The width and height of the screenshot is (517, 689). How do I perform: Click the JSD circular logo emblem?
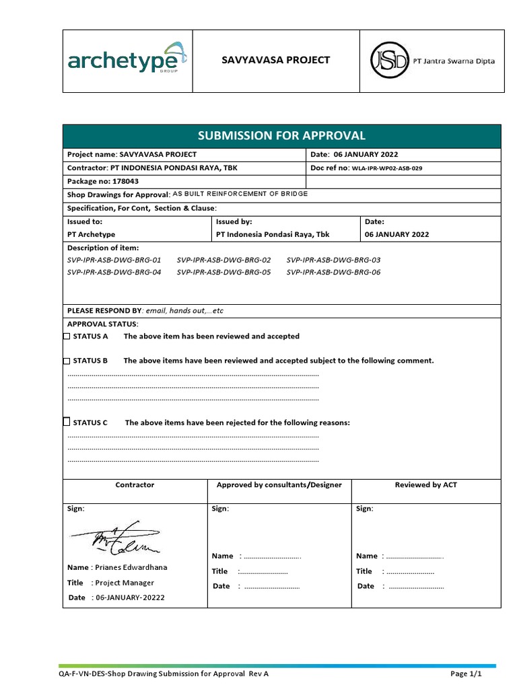coord(388,61)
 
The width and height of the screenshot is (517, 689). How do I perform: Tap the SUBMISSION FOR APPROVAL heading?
coord(281,135)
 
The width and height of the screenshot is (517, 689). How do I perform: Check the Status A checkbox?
coord(67,336)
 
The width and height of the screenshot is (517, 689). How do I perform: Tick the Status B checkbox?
coord(67,360)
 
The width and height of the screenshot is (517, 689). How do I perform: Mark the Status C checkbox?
coord(67,422)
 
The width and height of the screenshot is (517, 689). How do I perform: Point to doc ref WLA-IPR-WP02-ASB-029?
coord(387,168)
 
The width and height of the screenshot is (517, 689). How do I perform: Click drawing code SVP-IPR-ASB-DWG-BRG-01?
coord(114,260)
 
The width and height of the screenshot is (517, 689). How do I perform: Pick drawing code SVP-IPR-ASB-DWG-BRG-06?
coord(333,273)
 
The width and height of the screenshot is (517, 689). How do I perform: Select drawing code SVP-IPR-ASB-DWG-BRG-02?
coord(223,260)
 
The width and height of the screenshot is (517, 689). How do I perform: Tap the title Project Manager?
coord(125,583)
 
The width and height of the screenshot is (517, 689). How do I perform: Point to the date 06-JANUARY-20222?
coord(130,597)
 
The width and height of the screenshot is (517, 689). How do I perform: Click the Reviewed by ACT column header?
coord(425,484)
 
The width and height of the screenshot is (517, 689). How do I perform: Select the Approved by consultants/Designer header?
coord(279,484)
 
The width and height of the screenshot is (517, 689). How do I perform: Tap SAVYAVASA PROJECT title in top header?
coord(276,60)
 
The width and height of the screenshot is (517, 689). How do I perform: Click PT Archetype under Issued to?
coord(91,234)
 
